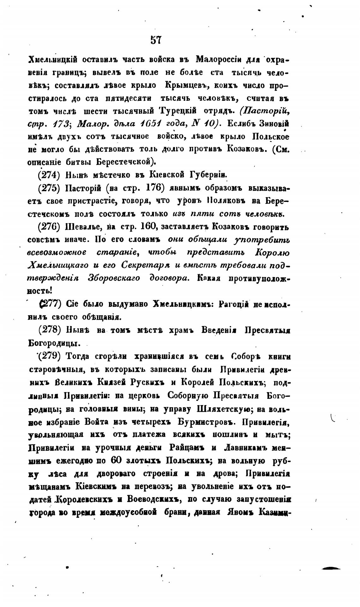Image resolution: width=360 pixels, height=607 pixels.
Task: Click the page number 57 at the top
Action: (x=156, y=40)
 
